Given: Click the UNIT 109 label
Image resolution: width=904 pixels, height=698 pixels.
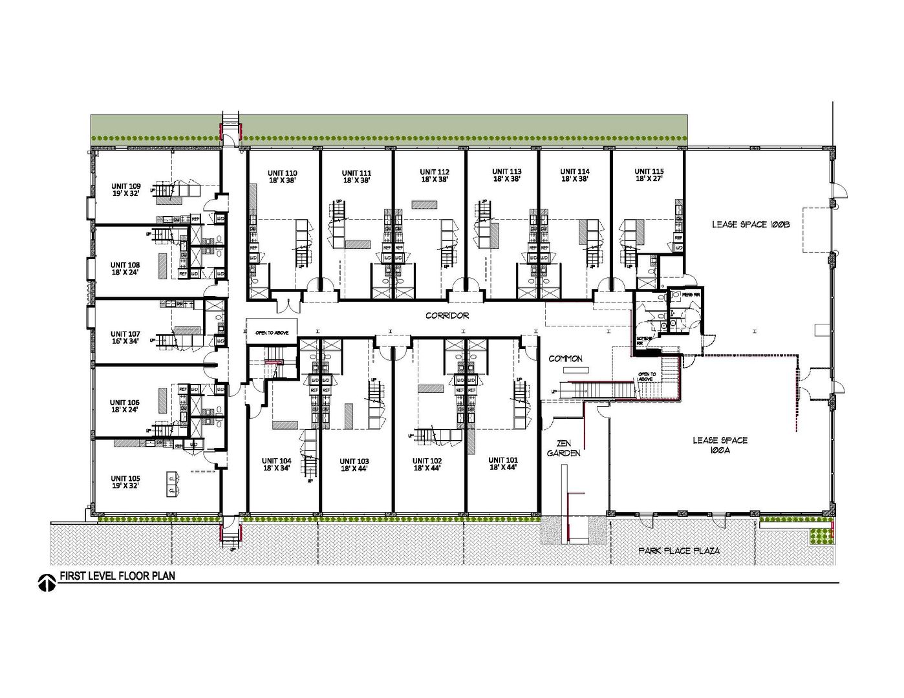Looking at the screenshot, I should point(125,185).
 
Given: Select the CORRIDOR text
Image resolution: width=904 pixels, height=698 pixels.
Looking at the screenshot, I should point(447,316).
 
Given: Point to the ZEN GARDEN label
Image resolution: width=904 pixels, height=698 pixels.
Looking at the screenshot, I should point(564,449).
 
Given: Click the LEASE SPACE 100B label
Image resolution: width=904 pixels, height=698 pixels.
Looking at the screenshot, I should point(751,224).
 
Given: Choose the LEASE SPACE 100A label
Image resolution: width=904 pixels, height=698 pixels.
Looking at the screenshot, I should point(720,445).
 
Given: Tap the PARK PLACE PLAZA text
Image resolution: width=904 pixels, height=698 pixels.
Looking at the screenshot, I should point(679,551).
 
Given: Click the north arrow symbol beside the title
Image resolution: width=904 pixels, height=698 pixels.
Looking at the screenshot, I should point(45,583).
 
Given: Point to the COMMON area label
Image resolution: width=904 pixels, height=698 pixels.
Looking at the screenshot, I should point(565,359).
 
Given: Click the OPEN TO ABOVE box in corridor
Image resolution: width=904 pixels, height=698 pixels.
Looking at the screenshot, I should point(272,332).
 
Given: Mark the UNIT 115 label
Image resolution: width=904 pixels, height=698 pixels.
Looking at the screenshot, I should point(649,171).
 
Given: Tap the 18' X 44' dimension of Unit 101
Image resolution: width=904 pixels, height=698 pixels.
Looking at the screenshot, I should point(502,467).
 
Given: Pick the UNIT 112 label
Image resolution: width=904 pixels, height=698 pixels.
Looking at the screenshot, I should point(435,171).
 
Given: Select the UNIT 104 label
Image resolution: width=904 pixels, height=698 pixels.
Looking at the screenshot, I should point(277,461).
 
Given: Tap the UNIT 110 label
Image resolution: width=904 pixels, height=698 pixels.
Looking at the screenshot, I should point(283,173).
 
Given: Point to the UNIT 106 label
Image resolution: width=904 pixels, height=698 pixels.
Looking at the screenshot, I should point(125,402).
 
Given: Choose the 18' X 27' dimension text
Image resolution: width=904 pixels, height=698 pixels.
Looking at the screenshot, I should point(649,179).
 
